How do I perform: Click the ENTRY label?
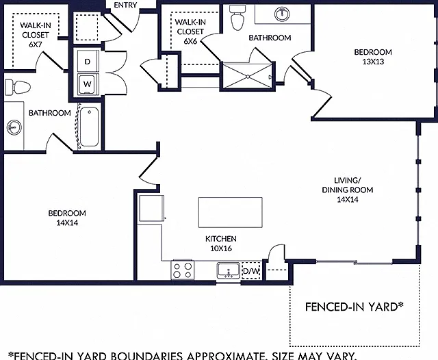tap(125, 5)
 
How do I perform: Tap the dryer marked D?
tap(88, 62)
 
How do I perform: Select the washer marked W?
tap(88, 84)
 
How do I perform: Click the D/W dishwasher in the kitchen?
tap(251, 270)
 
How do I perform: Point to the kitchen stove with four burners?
tap(183, 270)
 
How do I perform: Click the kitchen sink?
tap(229, 270)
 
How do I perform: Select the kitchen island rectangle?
tap(231, 213)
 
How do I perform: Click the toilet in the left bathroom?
tap(17, 87)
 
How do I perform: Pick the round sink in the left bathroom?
tap(14, 127)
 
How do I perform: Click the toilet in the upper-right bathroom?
tap(237, 17)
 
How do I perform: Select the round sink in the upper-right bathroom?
tap(282, 14)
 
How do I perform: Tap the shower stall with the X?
tap(247, 76)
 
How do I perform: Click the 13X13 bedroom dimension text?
tap(373, 62)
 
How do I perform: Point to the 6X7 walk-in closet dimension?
tap(35, 44)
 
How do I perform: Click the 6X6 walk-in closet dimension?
tap(190, 41)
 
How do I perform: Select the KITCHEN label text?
tap(221, 239)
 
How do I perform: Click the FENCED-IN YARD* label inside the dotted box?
tap(355, 307)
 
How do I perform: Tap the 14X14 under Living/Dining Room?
tap(348, 199)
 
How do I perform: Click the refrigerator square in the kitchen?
tap(151, 208)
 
